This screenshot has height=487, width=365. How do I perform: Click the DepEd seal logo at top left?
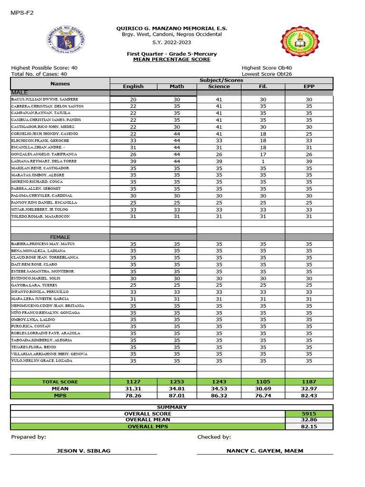pos(66,42)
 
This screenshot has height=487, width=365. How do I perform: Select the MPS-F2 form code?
pos(22,13)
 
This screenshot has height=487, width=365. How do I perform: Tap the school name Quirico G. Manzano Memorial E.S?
pos(168,29)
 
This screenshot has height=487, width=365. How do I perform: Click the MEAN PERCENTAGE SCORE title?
pos(172,59)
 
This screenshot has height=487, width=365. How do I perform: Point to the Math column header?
pos(177,87)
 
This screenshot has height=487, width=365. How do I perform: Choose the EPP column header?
pos(309,87)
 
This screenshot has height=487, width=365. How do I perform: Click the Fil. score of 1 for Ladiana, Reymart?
pos(263,161)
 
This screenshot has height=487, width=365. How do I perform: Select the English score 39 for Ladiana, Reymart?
pos(133,161)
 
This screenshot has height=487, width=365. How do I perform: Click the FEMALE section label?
pos(60,237)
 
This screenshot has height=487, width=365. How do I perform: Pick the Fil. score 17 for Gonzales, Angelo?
pos(263,155)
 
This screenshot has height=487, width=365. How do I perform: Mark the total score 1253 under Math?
pos(177,382)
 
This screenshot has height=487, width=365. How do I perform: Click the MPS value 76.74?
pos(263,396)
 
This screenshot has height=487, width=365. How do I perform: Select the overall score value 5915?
pos(309,414)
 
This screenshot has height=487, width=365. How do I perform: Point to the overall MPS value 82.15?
pos(309,427)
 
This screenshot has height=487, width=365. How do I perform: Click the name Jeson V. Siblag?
pos(84,451)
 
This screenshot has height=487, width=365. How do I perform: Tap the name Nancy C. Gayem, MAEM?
pos(265,451)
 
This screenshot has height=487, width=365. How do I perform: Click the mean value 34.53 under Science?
pos(219,389)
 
